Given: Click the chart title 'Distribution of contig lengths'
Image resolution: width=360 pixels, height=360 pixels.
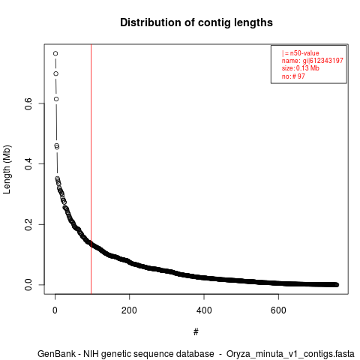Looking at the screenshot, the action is tap(196, 22).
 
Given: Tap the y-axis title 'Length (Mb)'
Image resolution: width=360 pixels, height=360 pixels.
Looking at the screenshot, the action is tap(7, 169).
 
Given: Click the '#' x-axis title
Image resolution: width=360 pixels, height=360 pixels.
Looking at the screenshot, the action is tap(196, 331).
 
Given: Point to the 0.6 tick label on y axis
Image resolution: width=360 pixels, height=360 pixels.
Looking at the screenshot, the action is tap(28, 103).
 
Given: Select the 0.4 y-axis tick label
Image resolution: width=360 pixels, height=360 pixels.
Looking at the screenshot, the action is tap(28, 163).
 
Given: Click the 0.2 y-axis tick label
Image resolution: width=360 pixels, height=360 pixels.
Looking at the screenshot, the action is tap(28, 224).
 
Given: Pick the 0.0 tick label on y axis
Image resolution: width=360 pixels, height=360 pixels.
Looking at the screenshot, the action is tap(28, 284).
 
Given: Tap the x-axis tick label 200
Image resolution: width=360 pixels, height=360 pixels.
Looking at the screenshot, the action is tap(129, 310).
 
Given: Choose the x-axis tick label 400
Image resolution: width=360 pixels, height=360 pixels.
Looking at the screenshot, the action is tap(204, 310).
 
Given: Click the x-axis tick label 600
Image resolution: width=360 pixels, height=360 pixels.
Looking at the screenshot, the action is tap(278, 310).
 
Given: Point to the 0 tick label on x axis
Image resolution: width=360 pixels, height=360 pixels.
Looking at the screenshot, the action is tap(55, 310).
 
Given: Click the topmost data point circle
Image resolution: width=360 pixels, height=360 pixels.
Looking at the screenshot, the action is tap(55, 53).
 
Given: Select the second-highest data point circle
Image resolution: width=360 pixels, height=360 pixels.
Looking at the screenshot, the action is tap(55, 73).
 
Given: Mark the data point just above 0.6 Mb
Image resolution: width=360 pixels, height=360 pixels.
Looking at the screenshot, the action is tap(56, 99).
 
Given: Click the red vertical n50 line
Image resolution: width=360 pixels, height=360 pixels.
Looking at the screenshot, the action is tap(91, 169).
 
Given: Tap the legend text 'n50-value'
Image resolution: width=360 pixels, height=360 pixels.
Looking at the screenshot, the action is tap(304, 53).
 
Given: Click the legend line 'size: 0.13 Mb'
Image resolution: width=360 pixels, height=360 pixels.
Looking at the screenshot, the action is tap(301, 68).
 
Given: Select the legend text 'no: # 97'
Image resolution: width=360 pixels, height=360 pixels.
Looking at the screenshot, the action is tap(293, 76).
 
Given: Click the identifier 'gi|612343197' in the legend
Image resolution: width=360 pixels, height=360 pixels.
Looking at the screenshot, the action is tap(323, 61).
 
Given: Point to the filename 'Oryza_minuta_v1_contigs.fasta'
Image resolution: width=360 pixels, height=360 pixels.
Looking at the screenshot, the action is tap(290, 354).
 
